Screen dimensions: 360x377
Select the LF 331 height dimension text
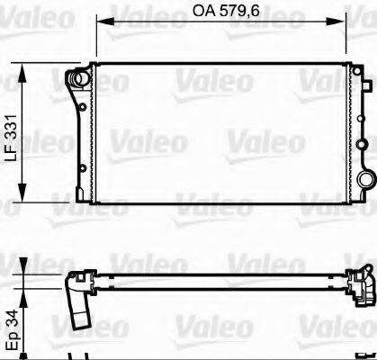click(10, 135)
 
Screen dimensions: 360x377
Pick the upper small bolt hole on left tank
click(81, 111)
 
